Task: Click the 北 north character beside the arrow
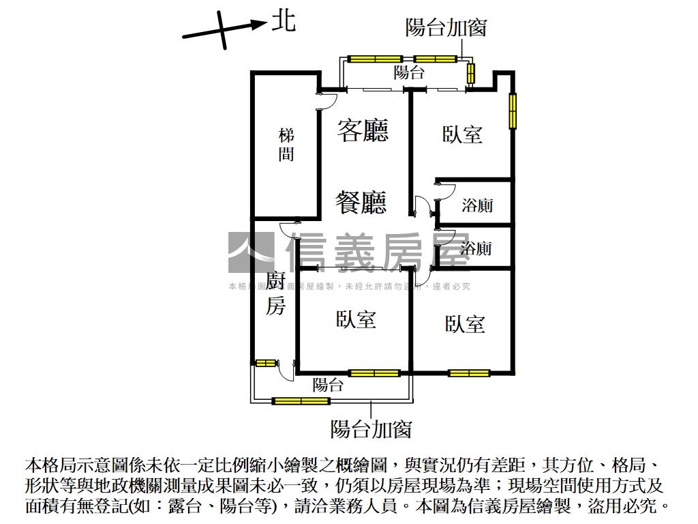coord(284,20)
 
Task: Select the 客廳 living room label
coord(363,130)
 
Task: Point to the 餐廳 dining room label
coord(362,202)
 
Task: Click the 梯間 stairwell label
coord(286,145)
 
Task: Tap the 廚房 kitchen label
coord(275,293)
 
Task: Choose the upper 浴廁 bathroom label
coord(477,205)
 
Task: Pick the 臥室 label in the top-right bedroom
coord(463,134)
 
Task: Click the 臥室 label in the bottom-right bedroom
coord(465,323)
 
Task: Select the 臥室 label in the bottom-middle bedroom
coord(356,319)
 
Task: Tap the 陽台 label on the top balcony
coord(409,73)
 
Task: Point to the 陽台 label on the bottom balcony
coord(328,385)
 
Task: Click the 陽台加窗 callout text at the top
coord(446,29)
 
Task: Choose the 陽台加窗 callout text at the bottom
coord(371,429)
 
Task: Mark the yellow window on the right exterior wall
coord(512,110)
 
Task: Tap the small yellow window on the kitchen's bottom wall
coord(265,362)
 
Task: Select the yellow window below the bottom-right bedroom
coord(469,373)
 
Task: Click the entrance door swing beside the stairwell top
coord(327,98)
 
